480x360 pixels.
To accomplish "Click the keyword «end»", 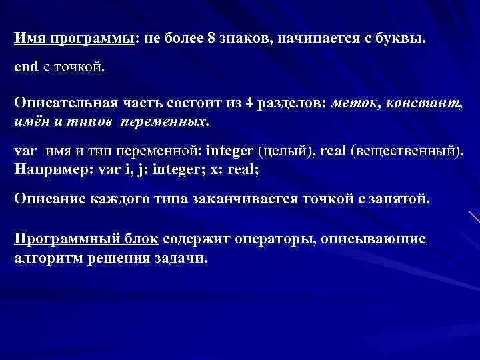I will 28,68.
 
